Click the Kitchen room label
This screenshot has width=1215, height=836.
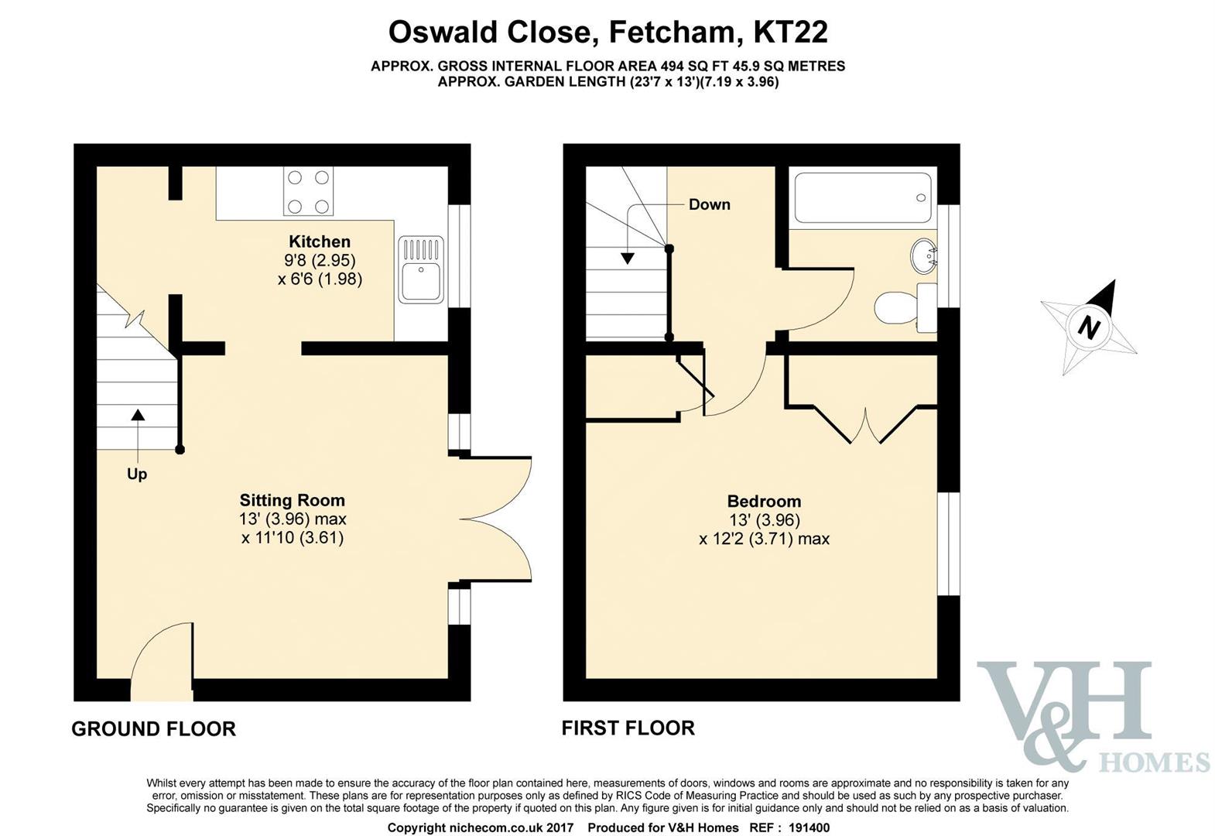pyautogui.click(x=320, y=242)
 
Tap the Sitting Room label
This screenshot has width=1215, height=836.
pyautogui.click(x=293, y=500)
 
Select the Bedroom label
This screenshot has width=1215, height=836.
pyautogui.click(x=764, y=502)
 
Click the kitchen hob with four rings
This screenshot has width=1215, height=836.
pyautogui.click(x=308, y=191)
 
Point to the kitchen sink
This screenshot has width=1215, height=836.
pyautogui.click(x=421, y=269)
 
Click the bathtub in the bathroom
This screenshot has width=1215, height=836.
pyautogui.click(x=863, y=197)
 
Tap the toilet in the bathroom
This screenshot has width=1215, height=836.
pyautogui.click(x=905, y=307)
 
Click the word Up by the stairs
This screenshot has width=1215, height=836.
pyautogui.click(x=137, y=475)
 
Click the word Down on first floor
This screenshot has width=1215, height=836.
pyautogui.click(x=710, y=204)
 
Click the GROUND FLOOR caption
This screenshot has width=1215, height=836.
pyautogui.click(x=154, y=728)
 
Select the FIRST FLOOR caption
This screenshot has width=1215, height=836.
pyautogui.click(x=628, y=728)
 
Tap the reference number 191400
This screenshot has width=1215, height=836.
pyautogui.click(x=809, y=827)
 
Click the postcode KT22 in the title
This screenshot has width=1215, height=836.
pyautogui.click(x=791, y=32)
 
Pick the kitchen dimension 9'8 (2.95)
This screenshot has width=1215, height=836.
pyautogui.click(x=320, y=260)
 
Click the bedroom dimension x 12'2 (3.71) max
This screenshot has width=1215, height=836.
pyautogui.click(x=764, y=540)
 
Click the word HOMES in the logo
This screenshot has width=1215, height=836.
pyautogui.click(x=1155, y=762)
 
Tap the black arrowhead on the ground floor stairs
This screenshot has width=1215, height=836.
pyautogui.click(x=139, y=415)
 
